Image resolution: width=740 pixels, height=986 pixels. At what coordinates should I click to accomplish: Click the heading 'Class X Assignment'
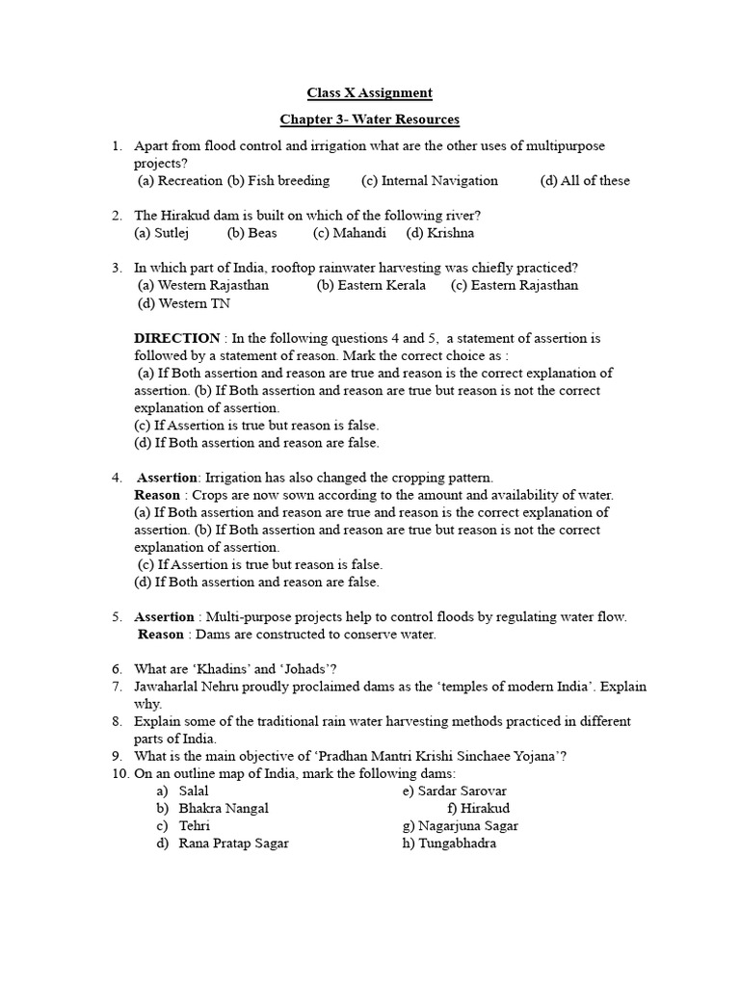pos(369,93)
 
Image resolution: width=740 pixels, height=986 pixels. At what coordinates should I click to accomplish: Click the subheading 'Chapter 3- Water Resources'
pos(369,119)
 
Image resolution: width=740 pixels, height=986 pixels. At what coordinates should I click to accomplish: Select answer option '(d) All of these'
pos(585,180)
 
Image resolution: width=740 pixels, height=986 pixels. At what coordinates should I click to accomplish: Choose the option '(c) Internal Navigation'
pos(430,180)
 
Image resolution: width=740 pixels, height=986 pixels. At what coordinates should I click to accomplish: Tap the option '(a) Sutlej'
pos(163,233)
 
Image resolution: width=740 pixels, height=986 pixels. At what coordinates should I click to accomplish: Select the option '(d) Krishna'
pos(440,233)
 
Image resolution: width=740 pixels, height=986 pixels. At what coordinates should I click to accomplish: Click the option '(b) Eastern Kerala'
pos(371,285)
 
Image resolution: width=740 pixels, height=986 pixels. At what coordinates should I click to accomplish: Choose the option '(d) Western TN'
pos(183,303)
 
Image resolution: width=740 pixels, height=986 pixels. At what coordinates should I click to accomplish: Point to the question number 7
pos(116,687)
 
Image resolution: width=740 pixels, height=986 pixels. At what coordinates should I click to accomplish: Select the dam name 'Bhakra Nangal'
pos(224,809)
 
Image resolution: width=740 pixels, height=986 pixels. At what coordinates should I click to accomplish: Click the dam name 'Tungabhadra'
pos(458,843)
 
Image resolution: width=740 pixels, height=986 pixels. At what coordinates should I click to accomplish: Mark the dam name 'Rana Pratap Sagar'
pos(233,843)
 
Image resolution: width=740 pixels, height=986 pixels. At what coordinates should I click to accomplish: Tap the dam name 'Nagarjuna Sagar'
pos(467,826)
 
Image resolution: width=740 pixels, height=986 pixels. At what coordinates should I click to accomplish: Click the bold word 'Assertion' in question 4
pos(167,478)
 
